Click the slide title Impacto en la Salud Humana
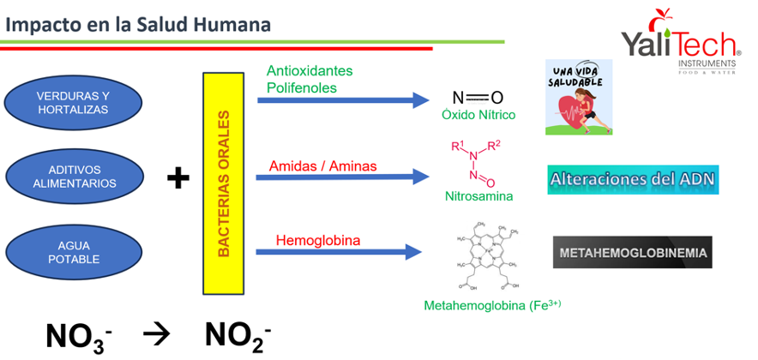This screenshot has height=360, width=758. pyautogui.click(x=138, y=23)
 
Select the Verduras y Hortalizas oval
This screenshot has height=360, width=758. pyautogui.click(x=73, y=103)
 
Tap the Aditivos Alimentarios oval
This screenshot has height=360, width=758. pyautogui.click(x=73, y=177)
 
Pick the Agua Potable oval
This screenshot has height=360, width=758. pyautogui.click(x=73, y=251)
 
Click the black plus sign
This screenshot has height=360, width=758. pyautogui.click(x=177, y=178)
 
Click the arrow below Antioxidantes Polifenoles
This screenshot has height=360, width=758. pyautogui.click(x=342, y=100)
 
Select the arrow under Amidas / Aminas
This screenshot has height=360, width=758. pyautogui.click(x=342, y=177)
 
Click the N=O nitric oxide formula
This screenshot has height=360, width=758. pyautogui.click(x=477, y=98)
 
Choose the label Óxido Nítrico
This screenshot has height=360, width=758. pyautogui.click(x=477, y=115)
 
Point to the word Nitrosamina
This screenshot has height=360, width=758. pyautogui.click(x=478, y=196)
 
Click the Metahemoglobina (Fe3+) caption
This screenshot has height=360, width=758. pyautogui.click(x=492, y=305)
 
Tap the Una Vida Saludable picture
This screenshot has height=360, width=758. pyautogui.click(x=579, y=97)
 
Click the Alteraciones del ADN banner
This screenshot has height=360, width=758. pyautogui.click(x=632, y=180)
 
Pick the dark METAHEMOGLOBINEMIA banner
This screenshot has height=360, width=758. pyautogui.click(x=633, y=253)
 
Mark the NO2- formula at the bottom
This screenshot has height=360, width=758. pyautogui.click(x=238, y=335)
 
